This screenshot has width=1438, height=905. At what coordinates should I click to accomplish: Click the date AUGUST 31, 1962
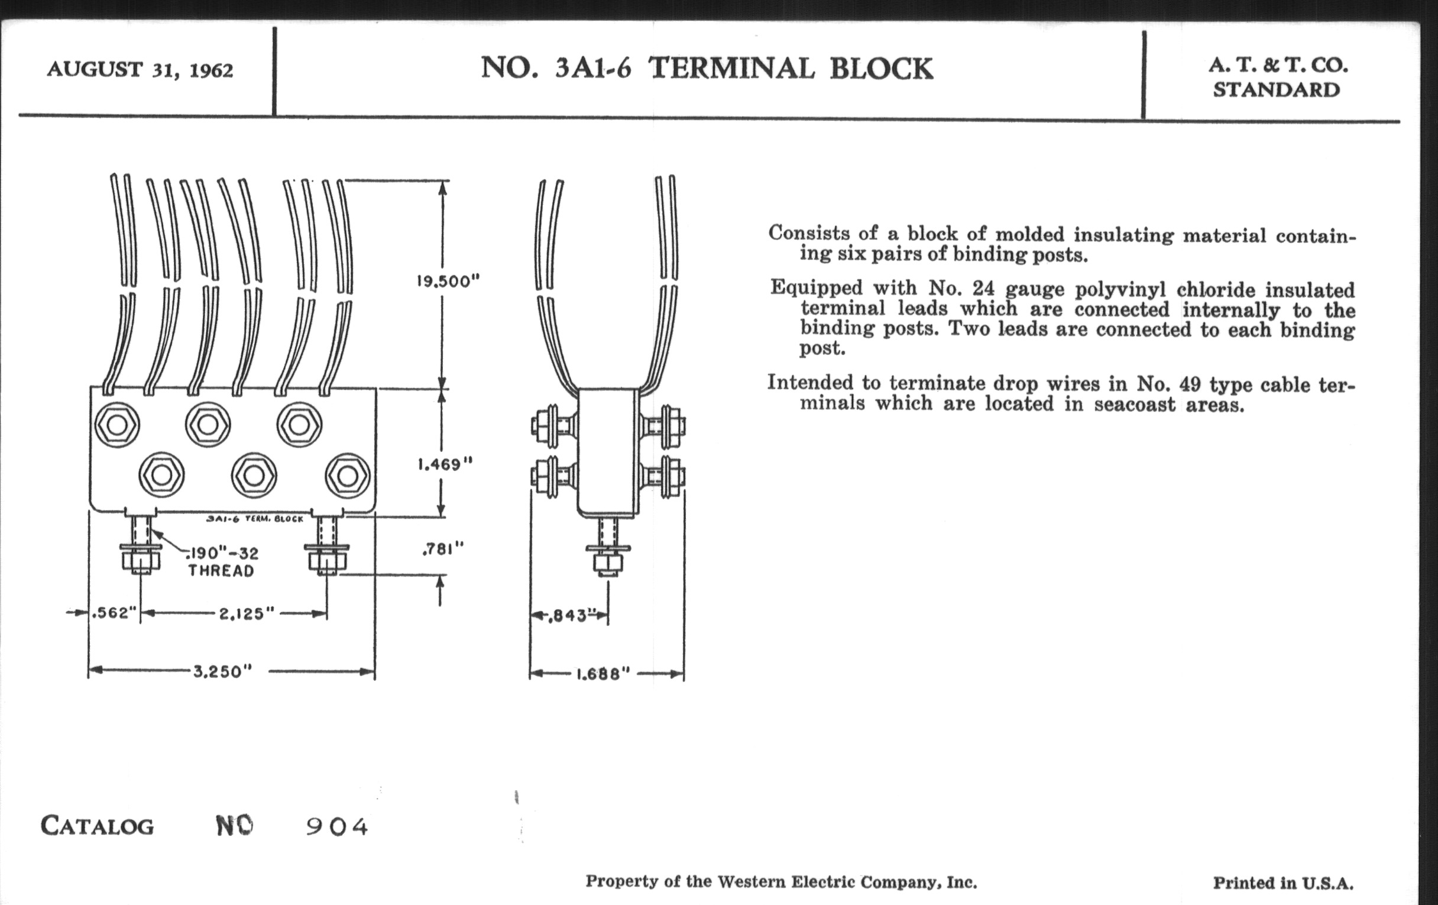(140, 70)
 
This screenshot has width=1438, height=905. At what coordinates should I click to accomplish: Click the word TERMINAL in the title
(732, 68)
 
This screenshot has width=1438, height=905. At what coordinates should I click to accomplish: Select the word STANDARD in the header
(1276, 90)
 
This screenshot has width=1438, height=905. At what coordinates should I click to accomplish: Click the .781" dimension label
(442, 549)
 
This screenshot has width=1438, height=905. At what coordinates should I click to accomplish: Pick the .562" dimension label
(114, 613)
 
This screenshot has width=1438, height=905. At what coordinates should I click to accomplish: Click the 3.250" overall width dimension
(222, 671)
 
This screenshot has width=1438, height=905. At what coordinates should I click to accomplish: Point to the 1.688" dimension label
(603, 674)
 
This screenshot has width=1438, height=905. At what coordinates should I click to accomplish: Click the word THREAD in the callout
(221, 571)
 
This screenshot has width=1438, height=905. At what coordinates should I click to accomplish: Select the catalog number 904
(337, 827)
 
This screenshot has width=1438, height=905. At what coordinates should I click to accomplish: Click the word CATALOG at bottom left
(98, 826)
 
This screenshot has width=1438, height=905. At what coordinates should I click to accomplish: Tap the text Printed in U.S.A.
(1282, 883)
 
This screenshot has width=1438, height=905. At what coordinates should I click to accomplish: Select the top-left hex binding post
(117, 425)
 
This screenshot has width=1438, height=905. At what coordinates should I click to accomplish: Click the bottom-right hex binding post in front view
(348, 476)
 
